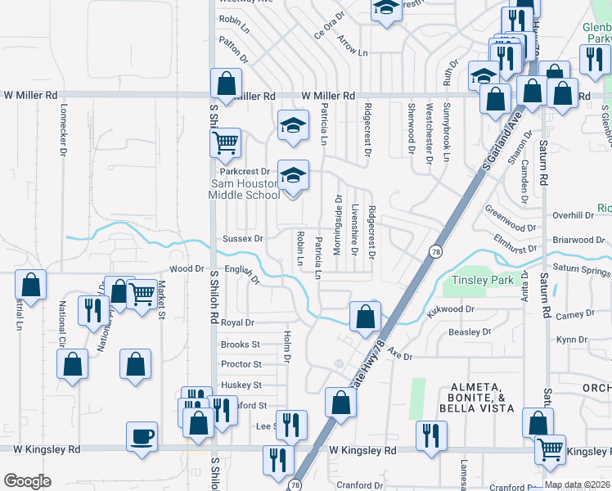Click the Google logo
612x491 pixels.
click(x=27, y=481)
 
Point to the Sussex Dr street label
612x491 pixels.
click(x=243, y=239)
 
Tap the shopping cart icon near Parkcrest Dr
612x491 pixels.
click(x=225, y=142)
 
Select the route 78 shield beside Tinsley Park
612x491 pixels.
click(x=433, y=251)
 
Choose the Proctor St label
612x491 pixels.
click(x=241, y=364)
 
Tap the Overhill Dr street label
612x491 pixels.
click(x=572, y=215)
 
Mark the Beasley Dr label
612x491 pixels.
click(x=470, y=332)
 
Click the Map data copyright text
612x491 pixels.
click(x=577, y=484)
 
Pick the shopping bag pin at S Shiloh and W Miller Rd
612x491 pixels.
click(x=226, y=83)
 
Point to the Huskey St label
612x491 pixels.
click(x=241, y=385)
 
